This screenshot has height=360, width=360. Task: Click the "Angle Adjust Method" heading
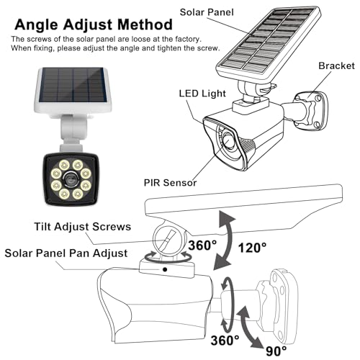pos(94,24)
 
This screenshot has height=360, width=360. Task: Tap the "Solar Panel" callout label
pos(207,12)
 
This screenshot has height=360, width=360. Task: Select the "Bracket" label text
pos(336,66)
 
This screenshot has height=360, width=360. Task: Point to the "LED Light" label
pos(202,94)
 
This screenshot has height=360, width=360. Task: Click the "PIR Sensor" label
pos(170,183)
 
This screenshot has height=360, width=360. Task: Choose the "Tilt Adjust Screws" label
pos(83,227)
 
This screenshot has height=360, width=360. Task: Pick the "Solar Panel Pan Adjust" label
pos(66,253)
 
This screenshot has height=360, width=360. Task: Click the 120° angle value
pos(252,248)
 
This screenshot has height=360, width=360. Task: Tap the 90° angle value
pos(276,351)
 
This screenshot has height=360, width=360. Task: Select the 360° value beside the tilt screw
pos(202,246)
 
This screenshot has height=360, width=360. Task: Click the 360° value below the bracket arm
pos(225,340)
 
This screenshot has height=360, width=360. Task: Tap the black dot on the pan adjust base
pos(165,269)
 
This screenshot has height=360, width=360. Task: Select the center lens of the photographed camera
pos(71,179)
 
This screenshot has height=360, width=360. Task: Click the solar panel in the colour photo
pos(73,89)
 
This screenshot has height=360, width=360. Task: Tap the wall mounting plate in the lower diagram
pos(284,305)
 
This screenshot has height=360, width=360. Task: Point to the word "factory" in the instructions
pos(188,39)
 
